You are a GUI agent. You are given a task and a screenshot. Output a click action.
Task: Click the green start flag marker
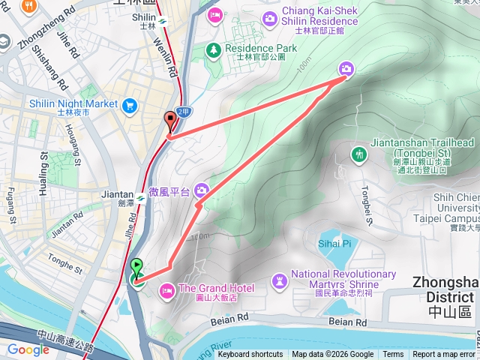[x=136, y=265]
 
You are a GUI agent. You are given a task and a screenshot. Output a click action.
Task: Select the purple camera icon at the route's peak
[x=346, y=68]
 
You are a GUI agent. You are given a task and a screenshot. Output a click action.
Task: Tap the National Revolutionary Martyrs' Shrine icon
[x=279, y=280]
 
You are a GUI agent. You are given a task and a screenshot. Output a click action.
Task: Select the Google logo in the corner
[x=28, y=349]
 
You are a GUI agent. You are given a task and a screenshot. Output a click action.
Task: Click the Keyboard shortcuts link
[x=250, y=355]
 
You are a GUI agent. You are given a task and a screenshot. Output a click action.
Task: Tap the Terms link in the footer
[x=393, y=355]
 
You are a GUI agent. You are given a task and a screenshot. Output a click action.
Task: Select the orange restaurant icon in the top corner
[x=30, y=6]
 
